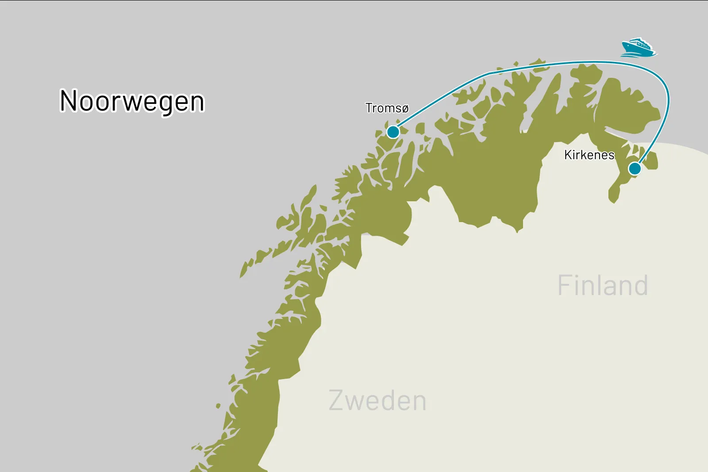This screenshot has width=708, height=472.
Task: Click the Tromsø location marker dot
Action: (393, 132)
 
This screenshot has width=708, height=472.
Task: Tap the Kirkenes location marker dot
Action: (635, 169)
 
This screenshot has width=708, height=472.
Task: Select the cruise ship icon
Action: (638, 48)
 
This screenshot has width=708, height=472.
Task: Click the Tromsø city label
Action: (387, 108)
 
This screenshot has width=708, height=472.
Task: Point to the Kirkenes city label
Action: (589, 155)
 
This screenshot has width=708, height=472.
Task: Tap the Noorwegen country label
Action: (132, 101)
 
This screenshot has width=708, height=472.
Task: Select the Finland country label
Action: (603, 285)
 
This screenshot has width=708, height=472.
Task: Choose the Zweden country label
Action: (377, 401)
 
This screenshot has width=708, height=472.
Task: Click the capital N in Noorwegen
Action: (69, 101)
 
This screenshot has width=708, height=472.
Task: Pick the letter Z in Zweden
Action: (337, 401)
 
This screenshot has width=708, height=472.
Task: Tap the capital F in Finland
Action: (565, 285)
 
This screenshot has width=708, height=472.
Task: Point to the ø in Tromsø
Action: (404, 109)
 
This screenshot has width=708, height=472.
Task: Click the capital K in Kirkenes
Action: (568, 155)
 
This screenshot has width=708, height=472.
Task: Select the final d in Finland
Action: (640, 285)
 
